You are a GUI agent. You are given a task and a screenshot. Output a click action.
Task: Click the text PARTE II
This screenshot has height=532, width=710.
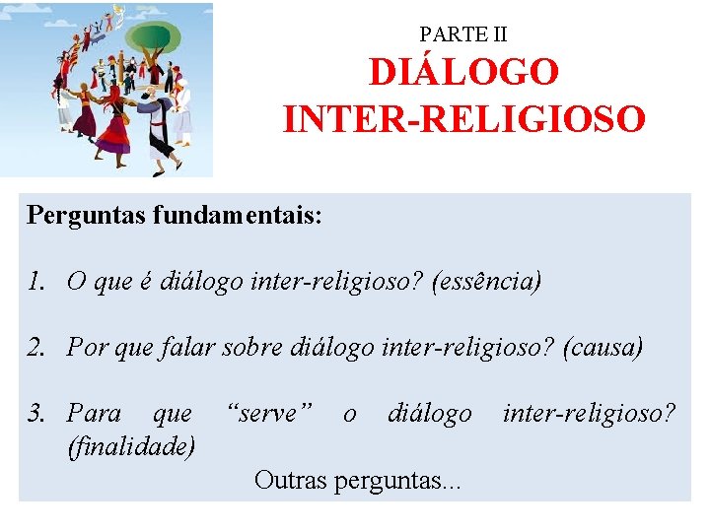tap(463, 34)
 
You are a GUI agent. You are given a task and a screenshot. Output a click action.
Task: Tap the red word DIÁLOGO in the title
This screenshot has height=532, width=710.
tap(463, 72)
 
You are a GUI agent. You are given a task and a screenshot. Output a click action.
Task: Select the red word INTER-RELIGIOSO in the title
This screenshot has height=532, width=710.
tap(463, 119)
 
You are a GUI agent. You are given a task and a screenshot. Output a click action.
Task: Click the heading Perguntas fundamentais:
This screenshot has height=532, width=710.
tap(175, 215)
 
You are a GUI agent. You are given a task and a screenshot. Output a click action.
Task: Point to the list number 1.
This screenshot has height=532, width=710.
tap(36, 282)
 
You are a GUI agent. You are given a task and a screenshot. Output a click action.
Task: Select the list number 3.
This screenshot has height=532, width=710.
tap(36, 414)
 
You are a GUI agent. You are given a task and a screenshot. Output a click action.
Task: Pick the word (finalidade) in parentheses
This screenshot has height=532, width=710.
tap(130, 446)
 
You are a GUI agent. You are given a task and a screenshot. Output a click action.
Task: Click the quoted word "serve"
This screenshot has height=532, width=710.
tap(269, 414)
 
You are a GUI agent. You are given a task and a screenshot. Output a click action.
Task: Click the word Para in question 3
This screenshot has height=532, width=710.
tap(94, 414)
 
